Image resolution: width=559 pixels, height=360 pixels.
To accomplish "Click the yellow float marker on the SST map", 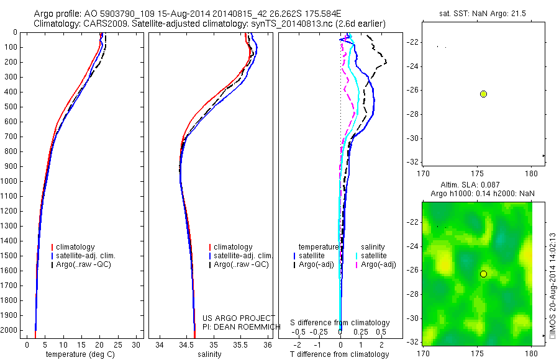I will (x=483, y=94).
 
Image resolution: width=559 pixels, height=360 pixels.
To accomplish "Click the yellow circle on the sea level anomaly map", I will (x=483, y=274).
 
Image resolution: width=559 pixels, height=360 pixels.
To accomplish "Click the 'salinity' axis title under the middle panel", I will (x=209, y=354).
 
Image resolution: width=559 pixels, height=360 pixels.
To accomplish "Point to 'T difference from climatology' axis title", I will (x=340, y=354).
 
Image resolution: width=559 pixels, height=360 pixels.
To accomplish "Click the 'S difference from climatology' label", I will (x=340, y=323).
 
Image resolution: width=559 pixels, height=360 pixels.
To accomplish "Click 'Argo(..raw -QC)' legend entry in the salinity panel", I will (x=241, y=264).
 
